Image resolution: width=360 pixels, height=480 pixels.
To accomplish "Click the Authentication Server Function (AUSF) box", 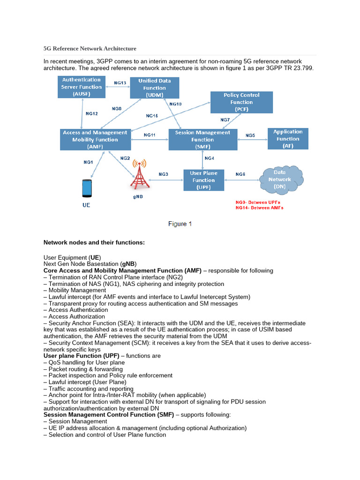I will [82, 87].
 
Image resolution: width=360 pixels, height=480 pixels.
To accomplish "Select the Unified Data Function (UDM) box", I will [154, 88].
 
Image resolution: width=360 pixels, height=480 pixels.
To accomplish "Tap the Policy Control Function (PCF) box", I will [241, 102].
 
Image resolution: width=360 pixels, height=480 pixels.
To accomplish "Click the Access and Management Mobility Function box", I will [95, 139].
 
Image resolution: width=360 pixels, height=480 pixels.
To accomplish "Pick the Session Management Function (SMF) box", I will [202, 139].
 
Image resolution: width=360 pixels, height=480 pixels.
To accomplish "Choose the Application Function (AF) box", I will [288, 139].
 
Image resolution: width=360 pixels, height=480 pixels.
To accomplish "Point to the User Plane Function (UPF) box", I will [203, 180].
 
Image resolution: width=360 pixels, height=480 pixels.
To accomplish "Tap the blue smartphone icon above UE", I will [87, 188].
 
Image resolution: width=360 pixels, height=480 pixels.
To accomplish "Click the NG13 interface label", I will [120, 83].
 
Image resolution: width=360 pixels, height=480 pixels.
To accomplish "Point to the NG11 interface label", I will [150, 135].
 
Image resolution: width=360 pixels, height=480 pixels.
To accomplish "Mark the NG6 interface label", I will [240, 174].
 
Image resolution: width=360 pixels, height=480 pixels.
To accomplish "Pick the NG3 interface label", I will [163, 174].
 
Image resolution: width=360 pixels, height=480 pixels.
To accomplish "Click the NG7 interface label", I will [225, 120].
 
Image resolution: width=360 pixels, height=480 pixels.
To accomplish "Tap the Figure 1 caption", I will [180, 224].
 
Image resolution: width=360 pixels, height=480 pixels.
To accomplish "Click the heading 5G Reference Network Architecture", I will [90, 48].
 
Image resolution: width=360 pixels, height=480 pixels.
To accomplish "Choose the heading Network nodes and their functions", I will [94, 242].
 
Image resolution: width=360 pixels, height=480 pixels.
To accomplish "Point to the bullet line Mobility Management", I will [77, 290].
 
